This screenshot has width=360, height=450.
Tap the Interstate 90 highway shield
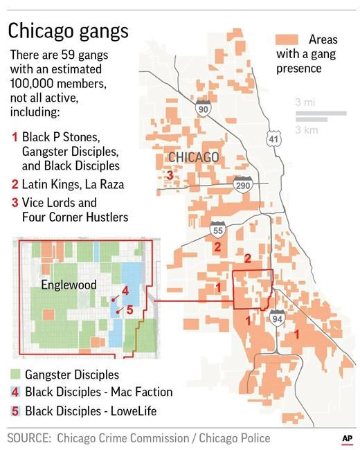tap(203, 109)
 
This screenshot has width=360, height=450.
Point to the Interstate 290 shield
tap(242, 185)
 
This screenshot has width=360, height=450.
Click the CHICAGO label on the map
tap(194, 158)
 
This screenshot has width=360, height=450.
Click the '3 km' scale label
tap(305, 129)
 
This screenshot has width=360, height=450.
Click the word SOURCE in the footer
tap(29, 438)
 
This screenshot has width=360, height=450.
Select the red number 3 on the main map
tap(170, 176)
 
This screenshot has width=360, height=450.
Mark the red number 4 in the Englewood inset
tap(125, 290)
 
